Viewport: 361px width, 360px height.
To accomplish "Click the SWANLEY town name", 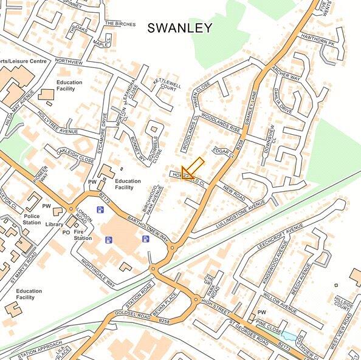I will pyautogui.click(x=180, y=28).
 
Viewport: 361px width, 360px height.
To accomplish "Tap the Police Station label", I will pyautogui.click(x=32, y=219).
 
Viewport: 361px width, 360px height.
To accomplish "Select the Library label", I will pyautogui.click(x=53, y=224).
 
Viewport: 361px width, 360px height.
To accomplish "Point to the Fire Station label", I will pyautogui.click(x=83, y=235).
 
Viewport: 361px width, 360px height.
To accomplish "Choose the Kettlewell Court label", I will pyautogui.click(x=167, y=84).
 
